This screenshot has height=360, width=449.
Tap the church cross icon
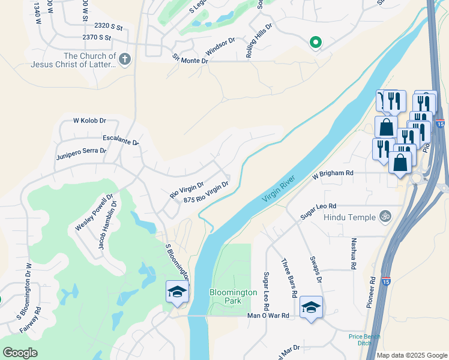coord(124,59)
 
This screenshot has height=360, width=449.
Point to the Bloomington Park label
coord(233,296)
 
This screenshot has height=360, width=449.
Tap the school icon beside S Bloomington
coord(178,292)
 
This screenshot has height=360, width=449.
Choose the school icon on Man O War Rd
coord(311,307)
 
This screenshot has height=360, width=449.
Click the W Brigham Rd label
coord(333,173)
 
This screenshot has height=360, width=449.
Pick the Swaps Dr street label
coord(316,272)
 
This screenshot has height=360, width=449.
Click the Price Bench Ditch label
coord(364,340)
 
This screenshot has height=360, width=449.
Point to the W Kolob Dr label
coord(89,121)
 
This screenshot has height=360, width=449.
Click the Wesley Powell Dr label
coord(94,214)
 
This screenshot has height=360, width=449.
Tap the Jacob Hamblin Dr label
coord(108,229)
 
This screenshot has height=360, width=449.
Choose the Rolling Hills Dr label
coord(259,40)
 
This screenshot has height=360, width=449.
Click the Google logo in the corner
coord(20,352)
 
